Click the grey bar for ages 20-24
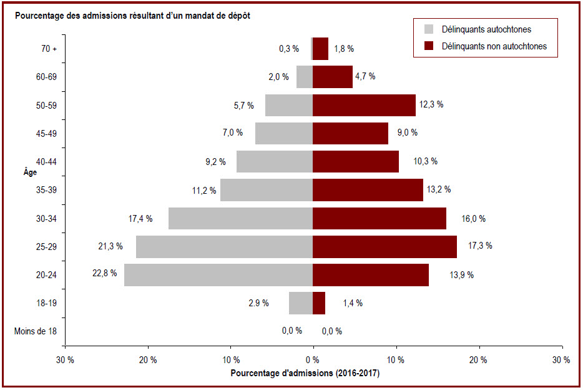coord(218,275)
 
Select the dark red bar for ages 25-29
coord(385,247)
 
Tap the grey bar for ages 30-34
coord(240,219)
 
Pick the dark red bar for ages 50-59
coord(364,106)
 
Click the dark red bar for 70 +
coord(320,49)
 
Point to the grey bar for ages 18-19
coord(301,303)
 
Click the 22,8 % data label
coord(104,273)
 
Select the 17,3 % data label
coord(480,246)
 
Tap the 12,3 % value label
coord(431,104)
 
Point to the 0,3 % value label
coord(289,49)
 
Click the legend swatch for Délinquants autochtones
coord(429,29)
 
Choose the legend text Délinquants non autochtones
coord(494,46)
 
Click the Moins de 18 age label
coord(36,331)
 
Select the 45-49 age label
coord(46,134)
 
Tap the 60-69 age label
coord(46,77)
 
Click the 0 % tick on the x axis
coord(313,360)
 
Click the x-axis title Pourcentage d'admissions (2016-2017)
coord(305,373)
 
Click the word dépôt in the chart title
coord(237,16)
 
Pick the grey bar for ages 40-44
coord(275,161)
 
